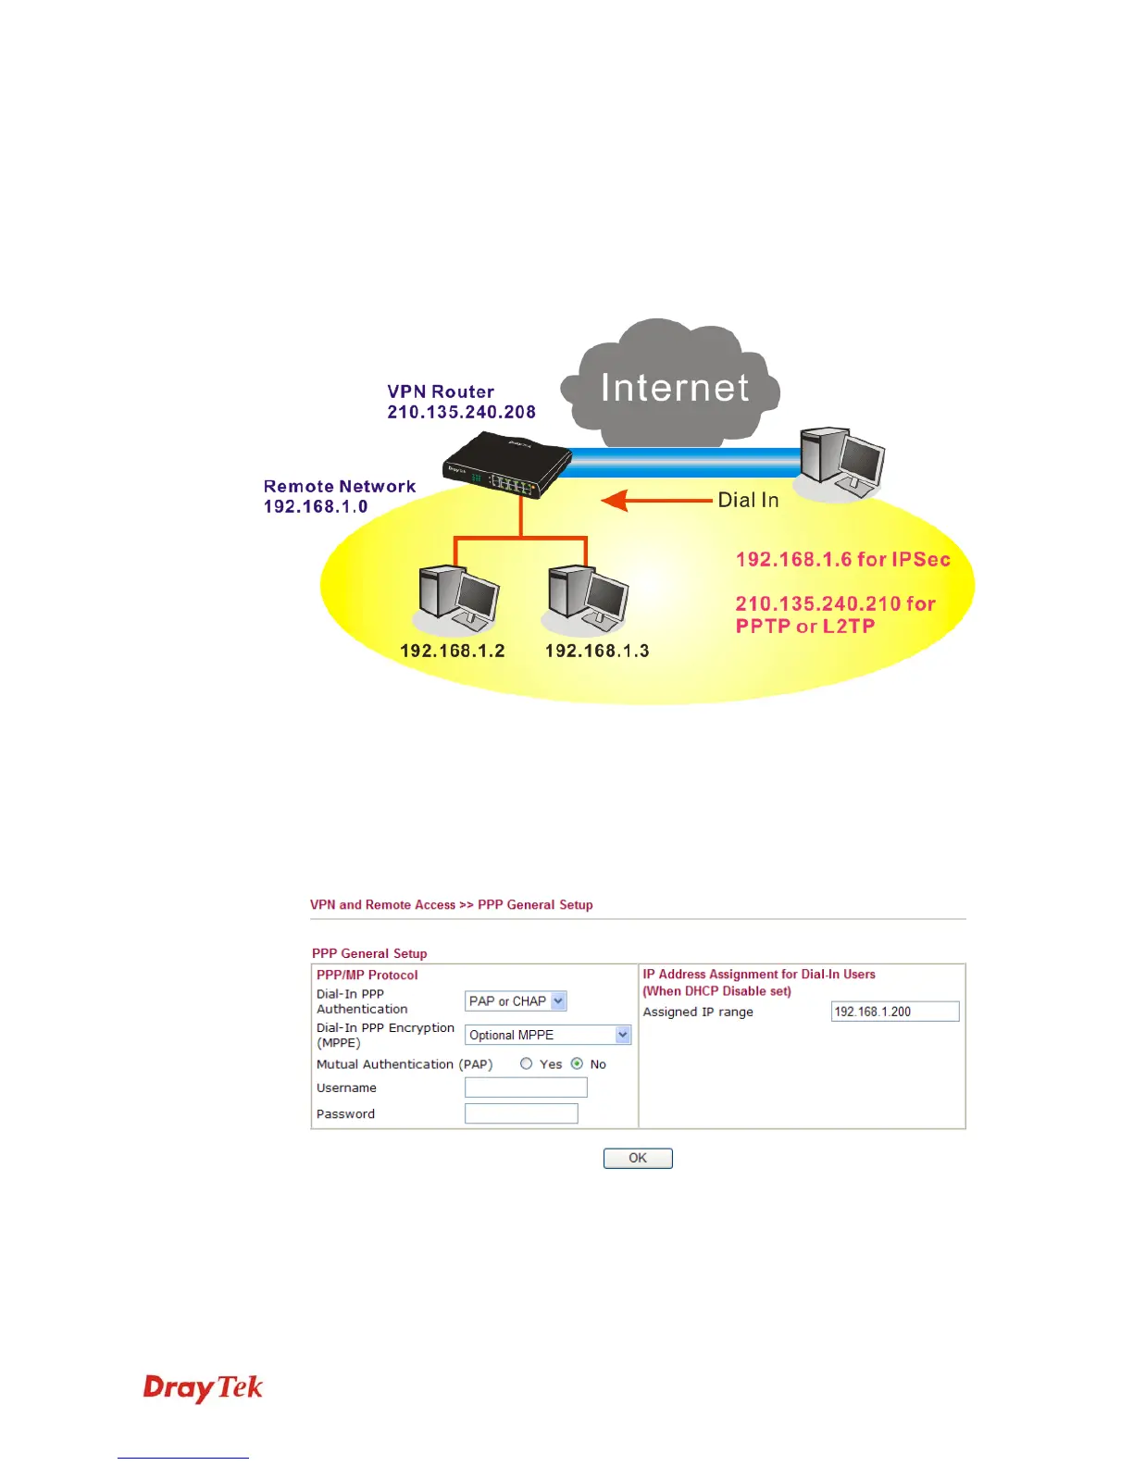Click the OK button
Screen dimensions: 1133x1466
click(638, 1158)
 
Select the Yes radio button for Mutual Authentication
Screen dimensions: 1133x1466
click(527, 1064)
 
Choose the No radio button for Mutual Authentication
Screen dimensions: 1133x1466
click(578, 1064)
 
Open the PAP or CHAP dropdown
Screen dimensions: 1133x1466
click(516, 1001)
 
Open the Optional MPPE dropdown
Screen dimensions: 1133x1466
click(548, 1035)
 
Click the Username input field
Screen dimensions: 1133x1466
click(526, 1087)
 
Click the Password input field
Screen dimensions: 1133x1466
click(521, 1113)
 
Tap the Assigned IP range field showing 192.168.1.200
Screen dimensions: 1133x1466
click(894, 1012)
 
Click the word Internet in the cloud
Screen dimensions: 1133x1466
click(675, 388)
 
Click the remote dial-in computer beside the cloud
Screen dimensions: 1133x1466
click(841, 461)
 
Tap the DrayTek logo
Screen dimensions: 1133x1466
click(203, 1388)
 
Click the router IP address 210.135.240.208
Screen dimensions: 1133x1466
click(461, 413)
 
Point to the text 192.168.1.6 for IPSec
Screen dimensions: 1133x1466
click(842, 560)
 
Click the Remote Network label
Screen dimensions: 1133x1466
click(340, 487)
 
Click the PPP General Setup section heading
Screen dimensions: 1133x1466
click(369, 953)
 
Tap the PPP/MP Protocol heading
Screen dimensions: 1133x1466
click(367, 975)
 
